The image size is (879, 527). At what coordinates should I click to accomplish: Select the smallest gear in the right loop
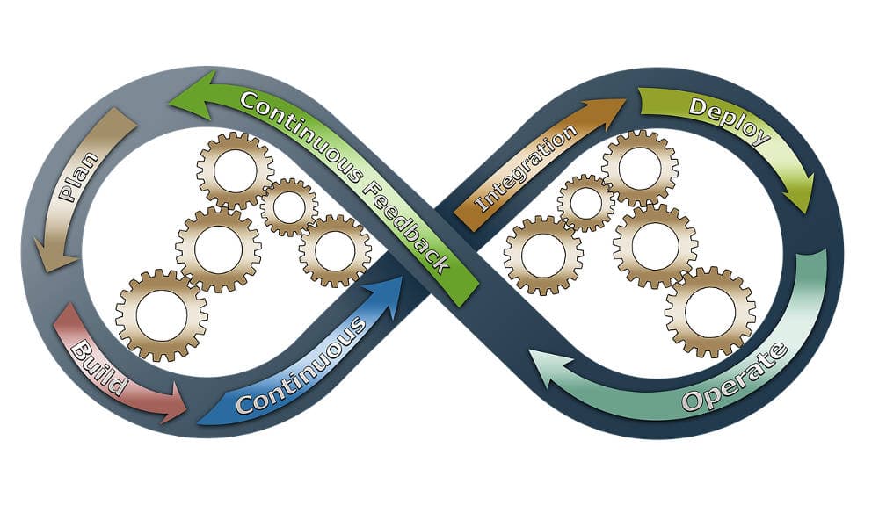tap(585, 203)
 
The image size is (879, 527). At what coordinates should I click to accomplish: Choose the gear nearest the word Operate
tap(709, 312)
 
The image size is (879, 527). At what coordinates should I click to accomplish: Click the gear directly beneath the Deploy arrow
tap(639, 168)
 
